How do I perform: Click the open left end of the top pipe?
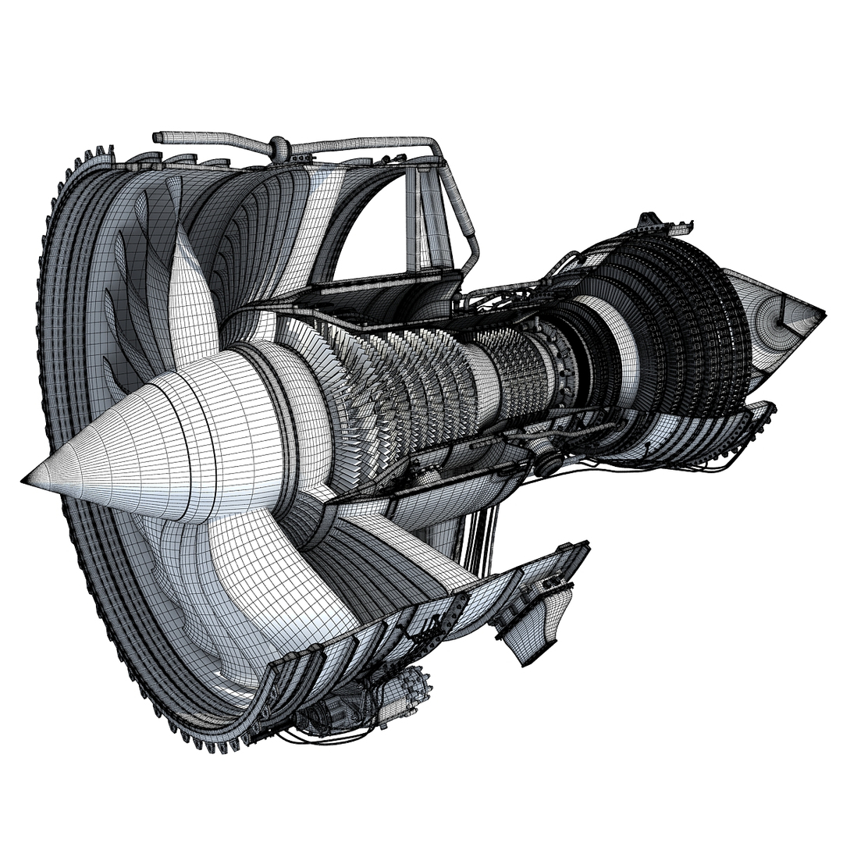tap(157, 137)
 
